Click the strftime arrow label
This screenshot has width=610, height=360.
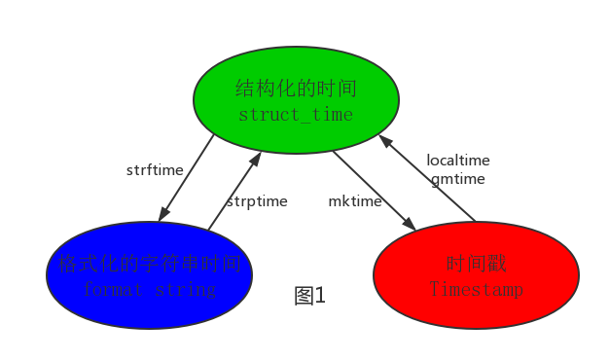coord(155,170)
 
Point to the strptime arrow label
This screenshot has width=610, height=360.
coord(257,201)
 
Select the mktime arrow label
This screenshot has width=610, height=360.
coord(354,201)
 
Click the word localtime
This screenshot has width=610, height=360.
coord(458,161)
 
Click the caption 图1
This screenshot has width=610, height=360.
coord(309,296)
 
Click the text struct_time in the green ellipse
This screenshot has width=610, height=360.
coord(296,115)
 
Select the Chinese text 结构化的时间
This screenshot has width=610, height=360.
coord(296,90)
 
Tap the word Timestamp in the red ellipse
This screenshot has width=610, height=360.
coord(476,290)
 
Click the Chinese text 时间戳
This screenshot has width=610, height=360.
coord(476,264)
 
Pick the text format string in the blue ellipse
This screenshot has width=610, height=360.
coord(149,290)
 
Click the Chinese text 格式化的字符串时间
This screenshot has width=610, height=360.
coord(149,264)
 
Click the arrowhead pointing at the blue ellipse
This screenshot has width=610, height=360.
coord(163,215)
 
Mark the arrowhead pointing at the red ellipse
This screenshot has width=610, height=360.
coord(411,225)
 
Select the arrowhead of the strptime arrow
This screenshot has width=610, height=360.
coord(257,157)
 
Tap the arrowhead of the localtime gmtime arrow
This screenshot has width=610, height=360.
coord(382,140)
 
